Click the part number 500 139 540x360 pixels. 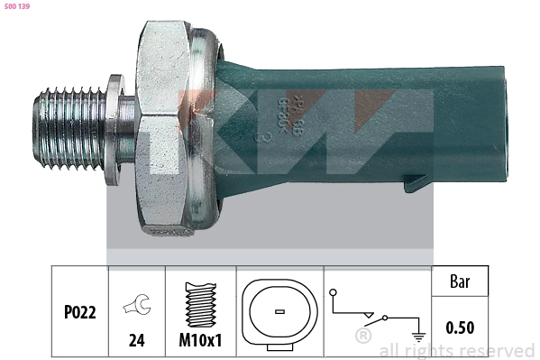[x=18, y=6]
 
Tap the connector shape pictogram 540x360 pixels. [x=279, y=312]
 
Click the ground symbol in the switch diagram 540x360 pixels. [x=417, y=337]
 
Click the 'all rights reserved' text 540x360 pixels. [x=456, y=351]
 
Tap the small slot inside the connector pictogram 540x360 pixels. [x=279, y=312]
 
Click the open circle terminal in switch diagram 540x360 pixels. [x=333, y=292]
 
